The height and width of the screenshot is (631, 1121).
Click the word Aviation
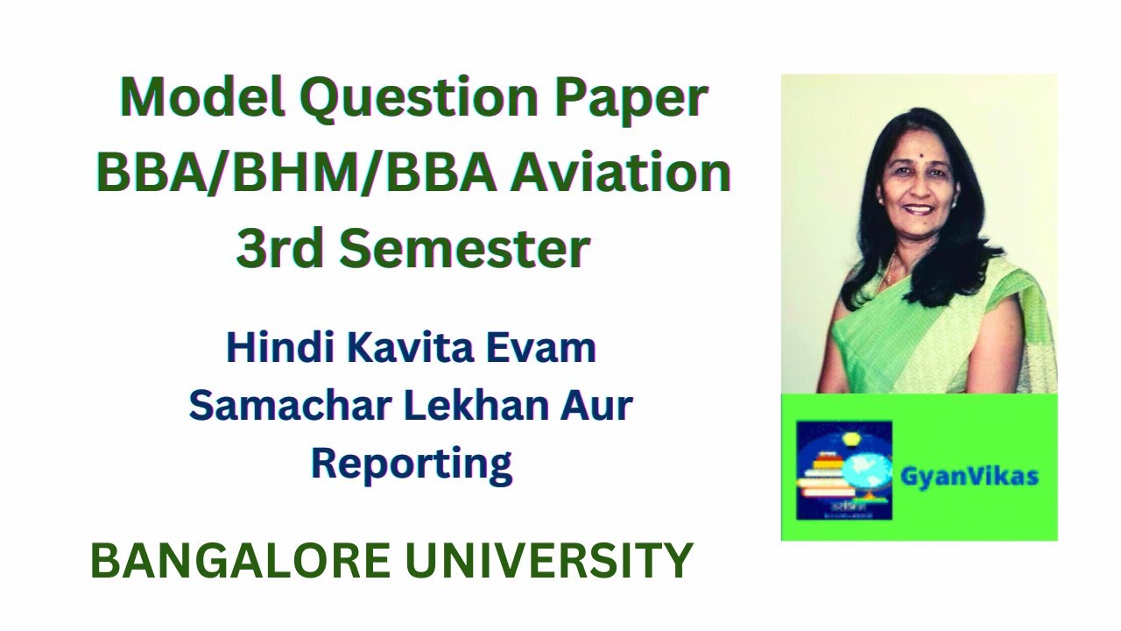(x=623, y=173)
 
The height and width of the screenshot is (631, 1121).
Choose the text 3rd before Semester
(x=280, y=248)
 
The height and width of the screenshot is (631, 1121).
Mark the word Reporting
(x=412, y=464)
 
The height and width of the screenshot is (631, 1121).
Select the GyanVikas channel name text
(x=969, y=477)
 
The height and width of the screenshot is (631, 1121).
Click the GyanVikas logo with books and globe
(x=843, y=471)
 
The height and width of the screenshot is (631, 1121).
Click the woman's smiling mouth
(x=918, y=210)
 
